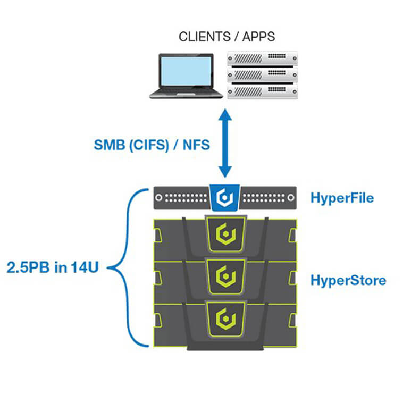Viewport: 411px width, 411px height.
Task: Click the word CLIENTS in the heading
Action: (205, 37)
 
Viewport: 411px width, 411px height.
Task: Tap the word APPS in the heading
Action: (259, 37)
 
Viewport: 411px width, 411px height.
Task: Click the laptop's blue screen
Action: (186, 71)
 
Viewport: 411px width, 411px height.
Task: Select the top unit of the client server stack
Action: (262, 58)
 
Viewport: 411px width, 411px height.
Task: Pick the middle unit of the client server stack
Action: (262, 75)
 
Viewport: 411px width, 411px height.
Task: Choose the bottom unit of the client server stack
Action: (262, 91)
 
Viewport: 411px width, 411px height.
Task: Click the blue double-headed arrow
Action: (225, 144)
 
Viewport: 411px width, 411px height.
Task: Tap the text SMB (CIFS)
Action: (131, 145)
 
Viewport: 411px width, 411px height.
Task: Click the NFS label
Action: (196, 145)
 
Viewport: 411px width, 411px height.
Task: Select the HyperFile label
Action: (342, 198)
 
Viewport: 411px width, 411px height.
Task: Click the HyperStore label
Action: (348, 280)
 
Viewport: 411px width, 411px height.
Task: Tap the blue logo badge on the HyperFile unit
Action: (225, 198)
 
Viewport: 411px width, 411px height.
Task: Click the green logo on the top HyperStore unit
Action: (226, 234)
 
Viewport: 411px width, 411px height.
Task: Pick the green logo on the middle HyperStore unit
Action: (226, 276)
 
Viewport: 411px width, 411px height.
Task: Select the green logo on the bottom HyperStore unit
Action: (226, 318)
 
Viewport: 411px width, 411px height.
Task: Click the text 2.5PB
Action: (28, 267)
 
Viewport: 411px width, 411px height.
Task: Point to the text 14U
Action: (85, 267)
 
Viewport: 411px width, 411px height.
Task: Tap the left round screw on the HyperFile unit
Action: (158, 198)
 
